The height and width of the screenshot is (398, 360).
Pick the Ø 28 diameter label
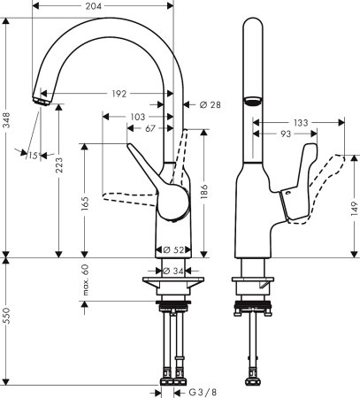pyautogui.click(x=210, y=104)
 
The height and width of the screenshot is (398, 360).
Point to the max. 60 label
pyautogui.click(x=86, y=282)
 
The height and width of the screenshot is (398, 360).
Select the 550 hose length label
pyautogui.click(x=8, y=325)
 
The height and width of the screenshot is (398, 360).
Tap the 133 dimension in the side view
pyautogui.click(x=303, y=122)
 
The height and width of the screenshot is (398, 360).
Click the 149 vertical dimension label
pyautogui.click(x=352, y=210)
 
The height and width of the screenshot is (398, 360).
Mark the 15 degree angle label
pyautogui.click(x=33, y=157)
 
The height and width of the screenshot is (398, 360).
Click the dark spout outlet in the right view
pyautogui.click(x=252, y=100)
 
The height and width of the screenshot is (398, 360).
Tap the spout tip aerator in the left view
pyautogui.click(x=41, y=101)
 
